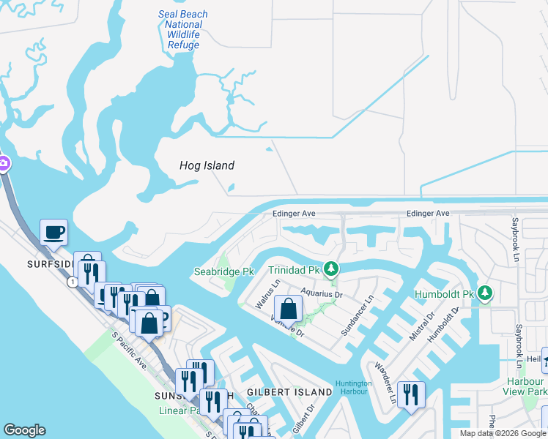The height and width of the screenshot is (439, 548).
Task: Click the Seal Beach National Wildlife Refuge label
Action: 183,29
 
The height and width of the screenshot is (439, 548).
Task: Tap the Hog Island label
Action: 207,165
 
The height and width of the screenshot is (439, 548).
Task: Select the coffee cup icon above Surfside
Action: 53,233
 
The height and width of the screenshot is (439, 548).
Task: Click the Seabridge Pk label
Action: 223,271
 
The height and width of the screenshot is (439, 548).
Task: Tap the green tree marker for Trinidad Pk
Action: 332,269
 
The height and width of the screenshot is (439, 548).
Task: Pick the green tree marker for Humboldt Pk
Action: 484,293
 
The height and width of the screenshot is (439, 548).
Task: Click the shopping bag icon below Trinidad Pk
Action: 289,309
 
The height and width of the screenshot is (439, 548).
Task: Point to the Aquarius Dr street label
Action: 322,294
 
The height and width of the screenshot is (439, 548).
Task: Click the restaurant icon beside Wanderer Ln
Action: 411,395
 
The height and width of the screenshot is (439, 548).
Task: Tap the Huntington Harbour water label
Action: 354,388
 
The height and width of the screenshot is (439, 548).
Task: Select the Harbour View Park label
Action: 527,386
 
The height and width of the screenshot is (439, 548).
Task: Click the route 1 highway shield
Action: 72,282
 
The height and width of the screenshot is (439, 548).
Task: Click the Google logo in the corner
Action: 24,430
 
